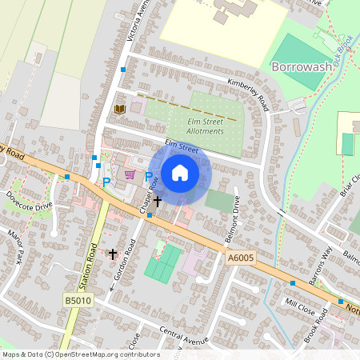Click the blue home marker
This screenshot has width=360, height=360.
pos(180,172)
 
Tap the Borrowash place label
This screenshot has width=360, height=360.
pos(301,66)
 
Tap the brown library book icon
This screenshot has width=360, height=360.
pos(121,109)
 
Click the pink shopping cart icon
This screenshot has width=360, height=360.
pos(130,174)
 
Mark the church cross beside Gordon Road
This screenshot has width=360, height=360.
pos(113,254)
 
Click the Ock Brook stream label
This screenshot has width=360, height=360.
pos(344,50)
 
